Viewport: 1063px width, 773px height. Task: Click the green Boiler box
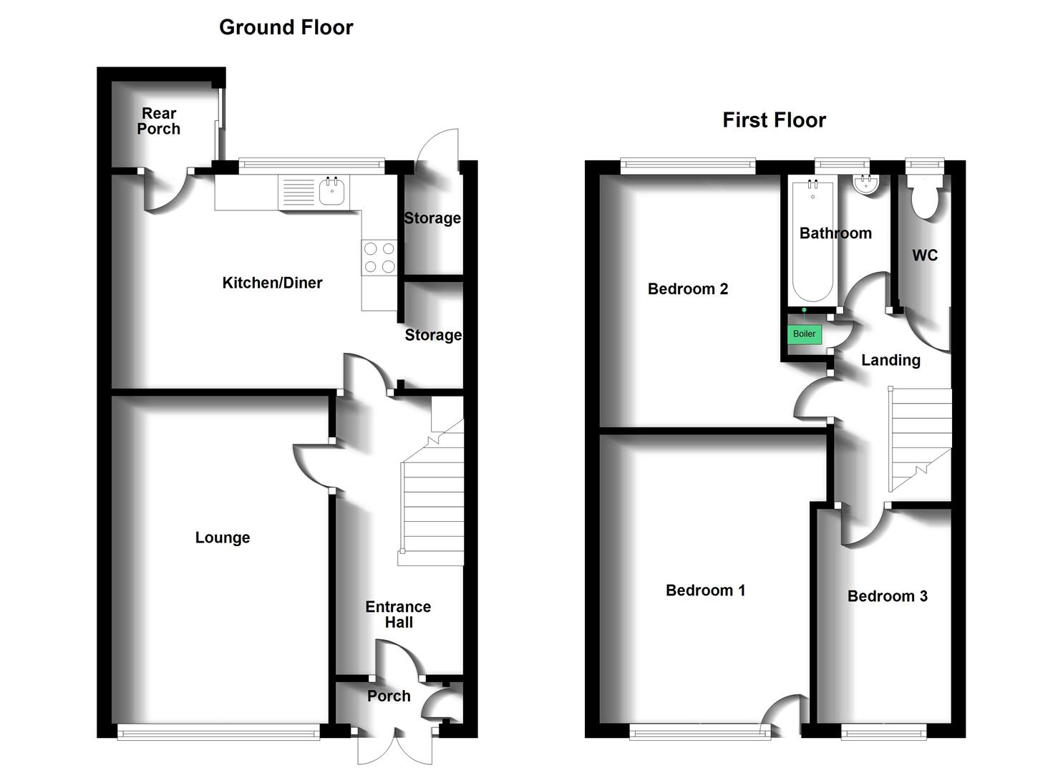tap(804, 334)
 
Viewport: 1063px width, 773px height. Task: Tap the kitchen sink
tap(332, 191)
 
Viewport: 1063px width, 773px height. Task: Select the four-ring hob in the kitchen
tap(379, 258)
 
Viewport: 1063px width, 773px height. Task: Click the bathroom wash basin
tap(866, 184)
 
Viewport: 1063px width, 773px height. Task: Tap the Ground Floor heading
tap(286, 27)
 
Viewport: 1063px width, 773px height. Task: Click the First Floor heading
tap(774, 120)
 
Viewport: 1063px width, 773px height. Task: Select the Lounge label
tap(223, 538)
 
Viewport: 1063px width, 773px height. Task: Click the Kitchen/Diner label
tap(272, 283)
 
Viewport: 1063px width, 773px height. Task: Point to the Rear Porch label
tap(159, 121)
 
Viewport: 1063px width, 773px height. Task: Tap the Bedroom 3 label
tap(887, 596)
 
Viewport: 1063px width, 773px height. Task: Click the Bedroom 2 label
tap(687, 289)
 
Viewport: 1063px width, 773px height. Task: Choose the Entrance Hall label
tap(398, 614)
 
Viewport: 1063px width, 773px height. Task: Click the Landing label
tap(890, 360)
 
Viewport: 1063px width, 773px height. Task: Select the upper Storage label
tap(432, 218)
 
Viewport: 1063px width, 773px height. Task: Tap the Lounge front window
tap(218, 731)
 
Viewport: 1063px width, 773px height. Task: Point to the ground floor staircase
tap(432, 494)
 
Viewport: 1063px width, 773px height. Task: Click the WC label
tap(925, 256)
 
